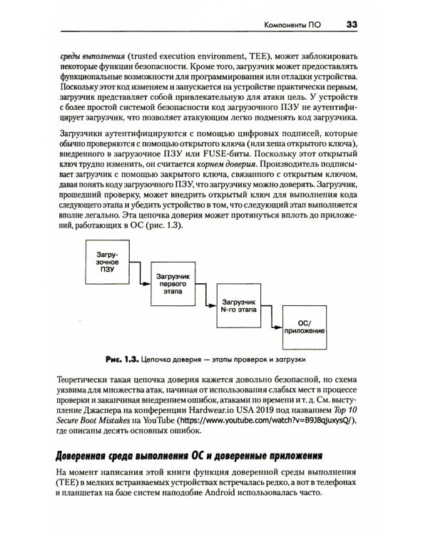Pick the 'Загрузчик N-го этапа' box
point(238,308)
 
